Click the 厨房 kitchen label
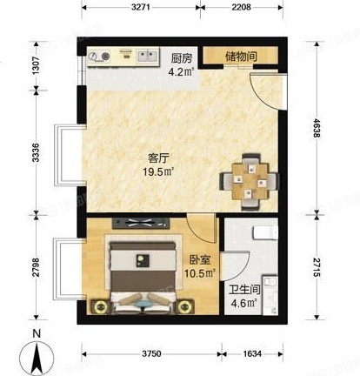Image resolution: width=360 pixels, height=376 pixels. pos(181,57)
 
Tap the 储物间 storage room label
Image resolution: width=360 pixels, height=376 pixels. pos(241,57)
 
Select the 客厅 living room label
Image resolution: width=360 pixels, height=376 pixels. pos(158,158)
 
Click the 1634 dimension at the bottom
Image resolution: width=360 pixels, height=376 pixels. pos(251,353)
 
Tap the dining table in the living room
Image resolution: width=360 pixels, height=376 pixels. pos(249,178)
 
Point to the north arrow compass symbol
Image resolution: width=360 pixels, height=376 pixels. pos(35,355)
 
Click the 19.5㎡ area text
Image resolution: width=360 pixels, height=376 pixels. pos(158,172)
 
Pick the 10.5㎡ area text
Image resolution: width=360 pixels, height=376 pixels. pos(200,272)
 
